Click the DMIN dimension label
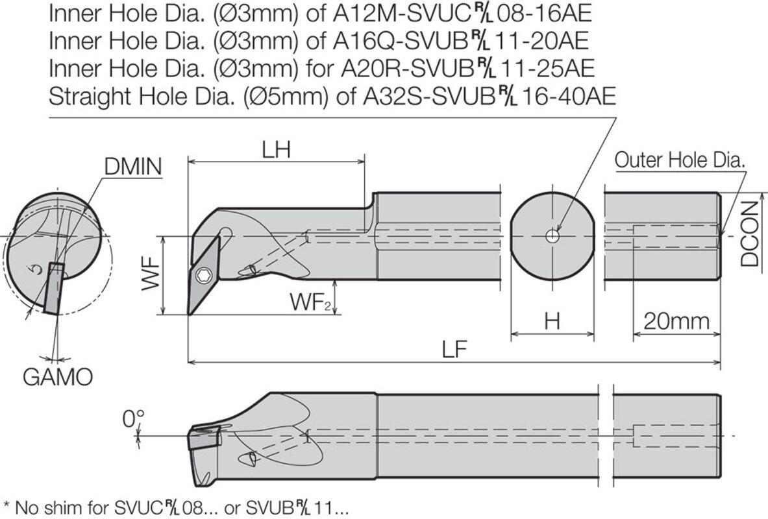(x=132, y=167)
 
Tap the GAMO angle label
(x=58, y=377)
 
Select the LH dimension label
(x=277, y=150)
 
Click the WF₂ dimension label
(x=312, y=302)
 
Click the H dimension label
(x=552, y=322)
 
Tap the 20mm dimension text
(x=676, y=321)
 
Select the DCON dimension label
(x=749, y=235)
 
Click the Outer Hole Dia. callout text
(x=680, y=160)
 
